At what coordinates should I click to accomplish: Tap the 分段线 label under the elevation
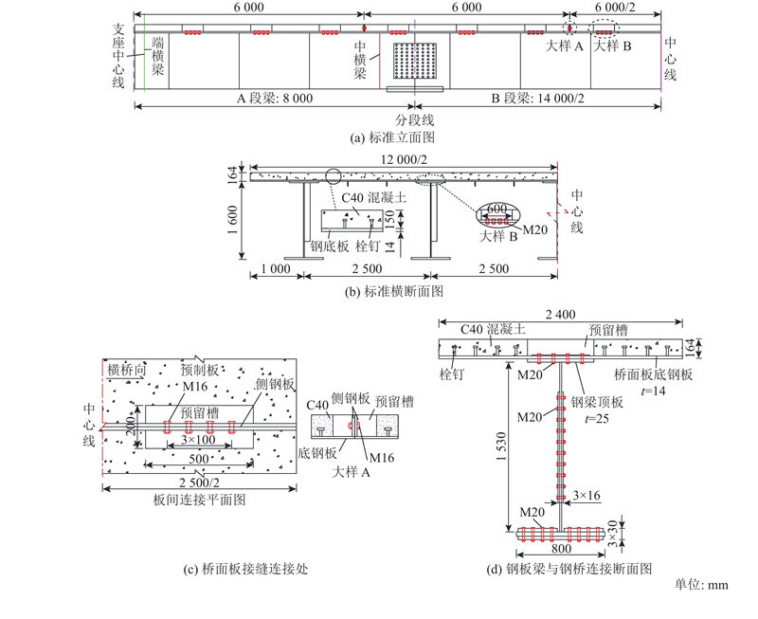pos(414,120)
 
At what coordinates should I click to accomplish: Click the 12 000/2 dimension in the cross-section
pos(410,158)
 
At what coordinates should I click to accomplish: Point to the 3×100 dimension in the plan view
pos(202,441)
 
